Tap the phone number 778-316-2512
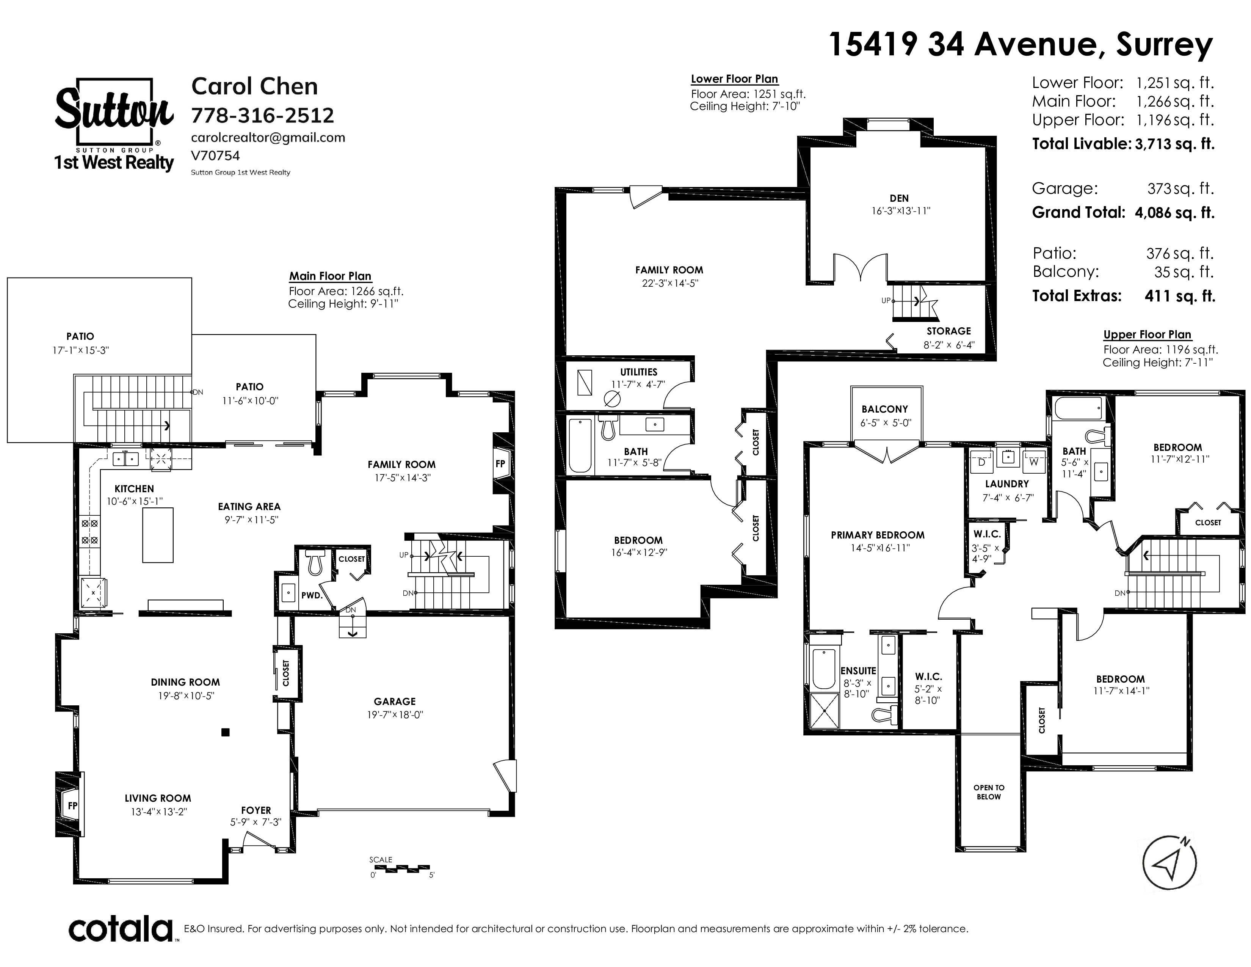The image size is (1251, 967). pos(262,115)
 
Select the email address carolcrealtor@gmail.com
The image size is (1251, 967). pos(268,138)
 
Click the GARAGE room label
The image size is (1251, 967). pos(395,701)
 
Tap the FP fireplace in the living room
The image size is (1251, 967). pos(72,805)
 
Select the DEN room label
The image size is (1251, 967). pos(899,198)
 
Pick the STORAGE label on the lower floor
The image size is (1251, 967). pos(948,331)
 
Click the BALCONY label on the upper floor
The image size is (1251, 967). pos(885,409)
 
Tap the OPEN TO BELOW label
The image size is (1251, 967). pos(989,792)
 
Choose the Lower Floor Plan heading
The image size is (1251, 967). pos(734,79)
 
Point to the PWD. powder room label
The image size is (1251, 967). pos(312,595)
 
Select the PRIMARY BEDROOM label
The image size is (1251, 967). pos(878,535)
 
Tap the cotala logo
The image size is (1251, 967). pos(121,929)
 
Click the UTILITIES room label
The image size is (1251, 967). pos(639,372)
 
